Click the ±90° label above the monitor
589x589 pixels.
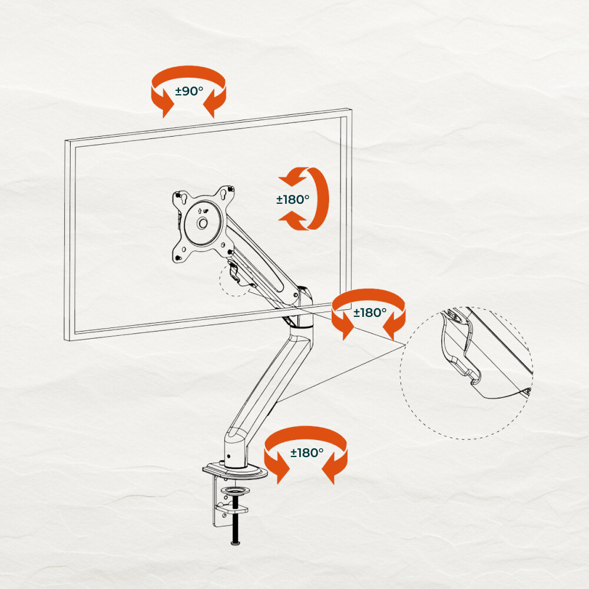[x=189, y=91]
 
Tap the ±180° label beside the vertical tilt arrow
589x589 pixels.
[x=293, y=200]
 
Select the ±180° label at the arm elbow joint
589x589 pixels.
[x=370, y=312]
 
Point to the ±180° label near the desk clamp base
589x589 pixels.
[x=306, y=452]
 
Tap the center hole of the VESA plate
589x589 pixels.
[x=203, y=223]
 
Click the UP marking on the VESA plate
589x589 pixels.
[x=203, y=211]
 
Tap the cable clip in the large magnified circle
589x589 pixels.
[x=456, y=349]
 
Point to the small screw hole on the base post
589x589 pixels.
[x=229, y=456]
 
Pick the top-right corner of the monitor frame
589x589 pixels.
[x=352, y=110]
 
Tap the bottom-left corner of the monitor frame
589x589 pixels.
[x=65, y=340]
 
